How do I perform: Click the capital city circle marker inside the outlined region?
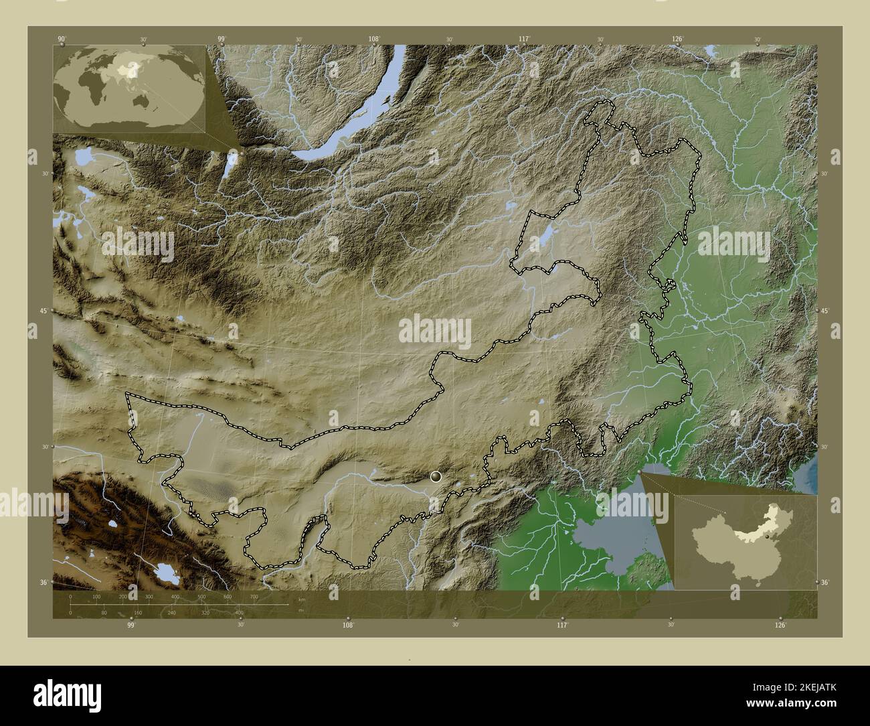(x=436, y=476)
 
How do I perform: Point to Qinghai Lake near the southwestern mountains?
(x=163, y=573)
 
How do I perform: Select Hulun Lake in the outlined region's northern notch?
(x=546, y=235)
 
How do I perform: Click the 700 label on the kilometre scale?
(x=254, y=596)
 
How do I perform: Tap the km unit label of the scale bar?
(x=302, y=600)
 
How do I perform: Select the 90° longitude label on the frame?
(x=62, y=39)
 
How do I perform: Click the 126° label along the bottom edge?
(x=780, y=626)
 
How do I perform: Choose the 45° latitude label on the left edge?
(x=43, y=311)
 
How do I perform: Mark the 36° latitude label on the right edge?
(x=824, y=583)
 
